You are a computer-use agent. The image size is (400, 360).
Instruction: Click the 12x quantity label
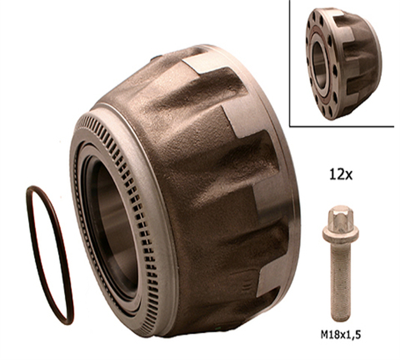(x=341, y=175)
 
